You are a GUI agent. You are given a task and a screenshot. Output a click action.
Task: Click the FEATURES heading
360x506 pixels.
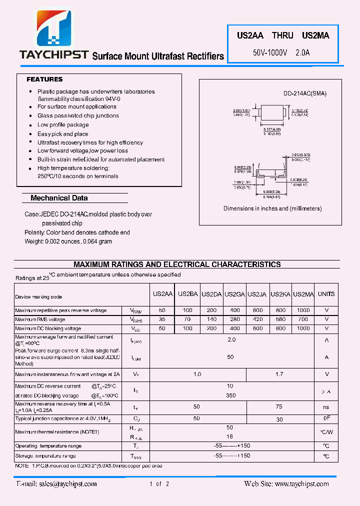point(44,79)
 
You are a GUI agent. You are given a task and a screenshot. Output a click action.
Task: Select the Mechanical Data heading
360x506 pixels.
point(59,198)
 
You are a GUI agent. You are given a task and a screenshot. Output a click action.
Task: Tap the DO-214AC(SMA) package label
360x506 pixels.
point(304,93)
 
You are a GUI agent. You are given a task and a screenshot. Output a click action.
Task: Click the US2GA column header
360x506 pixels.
point(234,294)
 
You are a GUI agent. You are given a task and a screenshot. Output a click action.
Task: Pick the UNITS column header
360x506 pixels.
point(326,294)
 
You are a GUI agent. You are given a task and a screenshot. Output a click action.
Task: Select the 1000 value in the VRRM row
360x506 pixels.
point(303,310)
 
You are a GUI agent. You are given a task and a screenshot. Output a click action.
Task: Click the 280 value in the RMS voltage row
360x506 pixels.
point(234,319)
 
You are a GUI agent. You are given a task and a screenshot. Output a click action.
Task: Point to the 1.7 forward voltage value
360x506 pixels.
point(279,374)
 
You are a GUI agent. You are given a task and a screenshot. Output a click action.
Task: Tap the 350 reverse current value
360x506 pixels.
point(230,395)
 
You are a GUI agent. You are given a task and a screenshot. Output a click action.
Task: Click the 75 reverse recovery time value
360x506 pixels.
point(279,407)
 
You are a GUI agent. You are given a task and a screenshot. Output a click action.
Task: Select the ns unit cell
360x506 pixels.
point(326,407)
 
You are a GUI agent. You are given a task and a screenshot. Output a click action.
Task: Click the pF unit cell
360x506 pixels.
point(326,418)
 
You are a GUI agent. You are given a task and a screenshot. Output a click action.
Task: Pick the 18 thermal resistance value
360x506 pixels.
point(230,436)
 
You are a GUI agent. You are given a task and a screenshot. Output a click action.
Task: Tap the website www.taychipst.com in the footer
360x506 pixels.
point(301,483)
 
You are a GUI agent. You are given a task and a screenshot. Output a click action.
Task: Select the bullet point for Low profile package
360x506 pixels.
point(31,125)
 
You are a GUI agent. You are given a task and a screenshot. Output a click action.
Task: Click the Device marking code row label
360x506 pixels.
point(38,297)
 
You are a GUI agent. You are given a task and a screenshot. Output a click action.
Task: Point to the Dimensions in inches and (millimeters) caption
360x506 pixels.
point(272,208)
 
